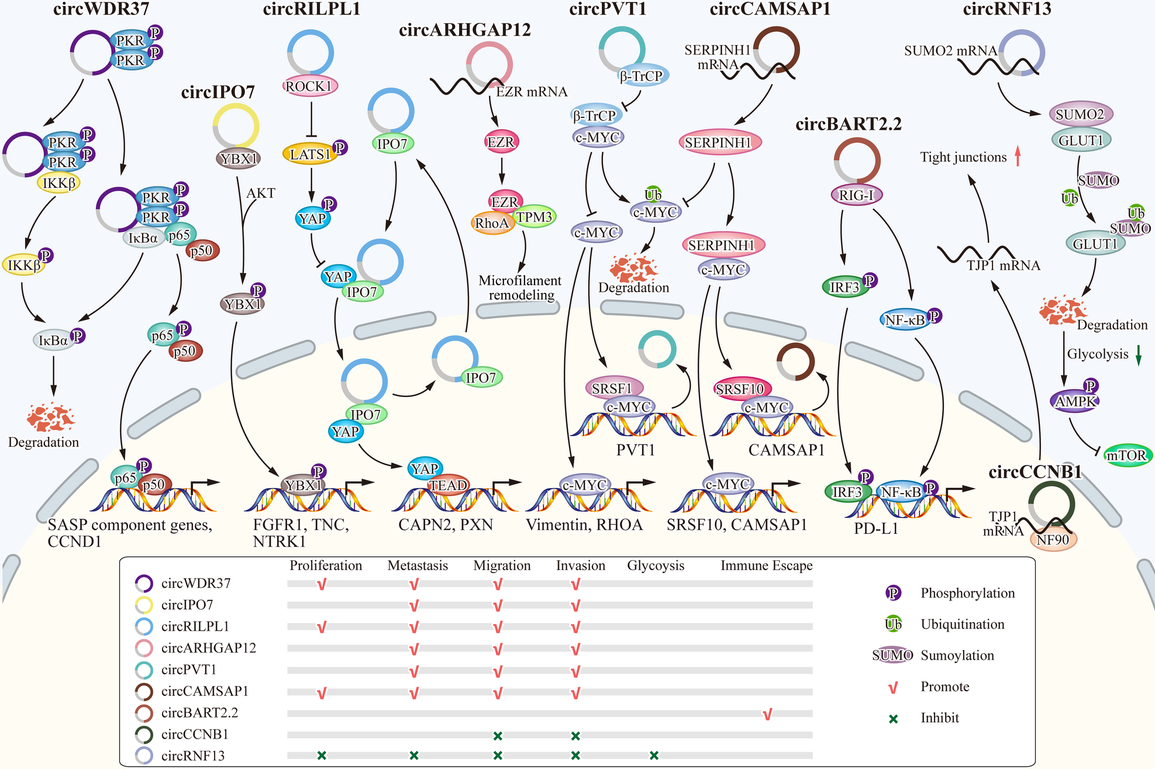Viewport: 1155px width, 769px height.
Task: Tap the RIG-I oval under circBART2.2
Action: [856, 195]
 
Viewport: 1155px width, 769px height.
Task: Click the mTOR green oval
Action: [1127, 456]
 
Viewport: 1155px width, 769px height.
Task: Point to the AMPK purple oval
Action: [1075, 402]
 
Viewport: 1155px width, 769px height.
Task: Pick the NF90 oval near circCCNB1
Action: [1053, 540]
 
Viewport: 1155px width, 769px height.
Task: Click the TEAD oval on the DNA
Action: [449, 485]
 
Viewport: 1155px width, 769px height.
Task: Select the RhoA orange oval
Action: [492, 223]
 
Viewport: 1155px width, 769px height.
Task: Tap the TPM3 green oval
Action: [534, 217]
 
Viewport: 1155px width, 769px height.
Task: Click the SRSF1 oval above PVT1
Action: [612, 388]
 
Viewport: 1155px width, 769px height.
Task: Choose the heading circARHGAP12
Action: [464, 30]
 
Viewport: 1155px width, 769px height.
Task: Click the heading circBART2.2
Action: [848, 124]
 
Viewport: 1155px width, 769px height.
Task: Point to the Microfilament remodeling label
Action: [519, 288]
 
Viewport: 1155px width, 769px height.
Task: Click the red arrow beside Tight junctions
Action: [1018, 156]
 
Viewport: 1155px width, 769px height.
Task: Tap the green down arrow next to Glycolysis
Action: [1139, 355]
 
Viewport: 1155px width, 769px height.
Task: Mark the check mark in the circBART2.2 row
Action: [768, 714]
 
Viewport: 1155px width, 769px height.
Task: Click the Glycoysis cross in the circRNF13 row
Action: [654, 756]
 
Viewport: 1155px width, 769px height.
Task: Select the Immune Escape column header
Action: [766, 565]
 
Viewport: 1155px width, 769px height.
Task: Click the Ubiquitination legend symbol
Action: [893, 624]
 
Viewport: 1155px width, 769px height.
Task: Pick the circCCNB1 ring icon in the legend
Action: [144, 734]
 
